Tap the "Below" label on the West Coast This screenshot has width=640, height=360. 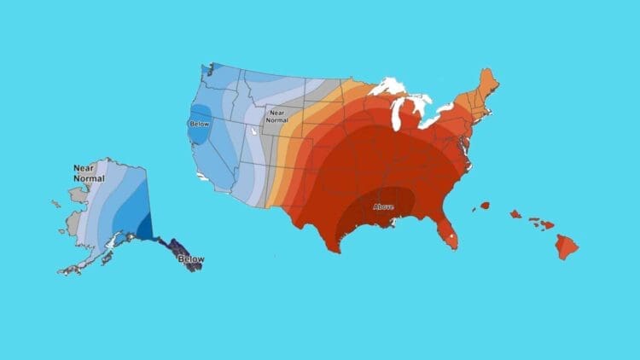click(198, 124)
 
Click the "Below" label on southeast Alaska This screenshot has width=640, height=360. click(189, 258)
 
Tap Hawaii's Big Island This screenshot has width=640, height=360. click(567, 247)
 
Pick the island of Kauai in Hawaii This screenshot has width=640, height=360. click(485, 206)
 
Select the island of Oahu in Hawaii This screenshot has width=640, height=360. click(517, 214)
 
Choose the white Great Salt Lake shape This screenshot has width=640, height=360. click(253, 132)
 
